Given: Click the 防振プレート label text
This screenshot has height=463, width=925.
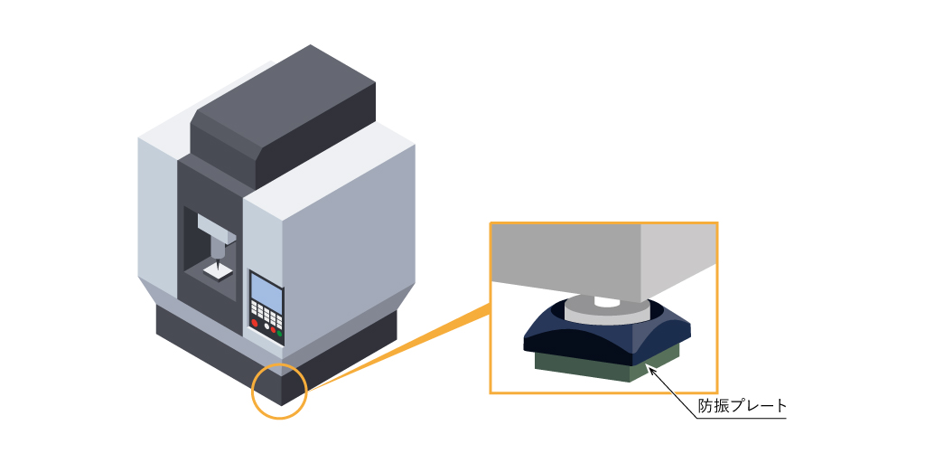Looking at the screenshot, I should pyautogui.click(x=743, y=406).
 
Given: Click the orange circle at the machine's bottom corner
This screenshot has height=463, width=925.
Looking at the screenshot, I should pyautogui.click(x=279, y=392).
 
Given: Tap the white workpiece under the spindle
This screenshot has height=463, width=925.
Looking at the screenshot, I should pyautogui.click(x=219, y=269).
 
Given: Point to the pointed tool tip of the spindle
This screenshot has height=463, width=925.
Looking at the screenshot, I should pyautogui.click(x=217, y=261).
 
